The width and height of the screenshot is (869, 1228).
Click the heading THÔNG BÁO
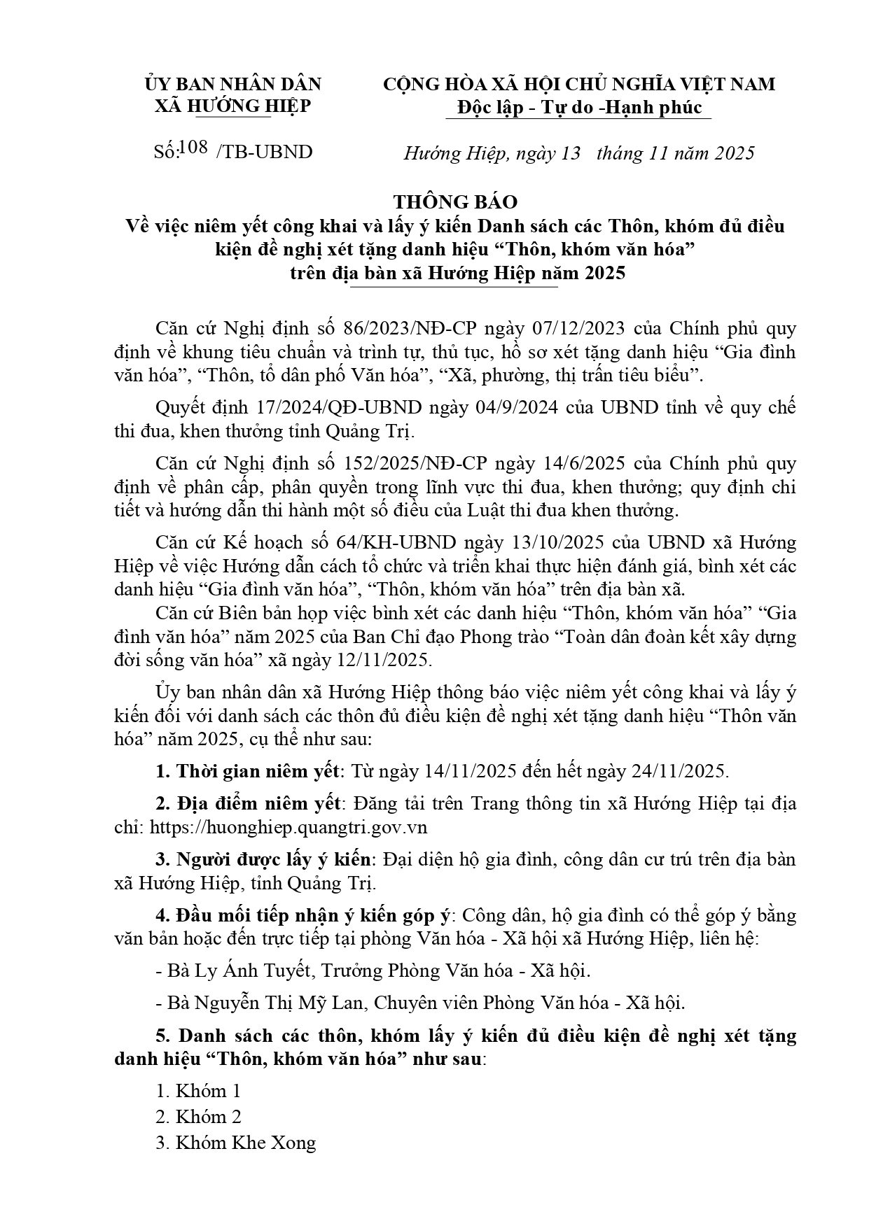tap(455, 202)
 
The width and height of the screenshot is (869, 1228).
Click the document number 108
tap(194, 148)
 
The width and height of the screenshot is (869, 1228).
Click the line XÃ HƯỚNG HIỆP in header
tap(232, 106)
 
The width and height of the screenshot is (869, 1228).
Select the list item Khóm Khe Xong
tap(245, 1143)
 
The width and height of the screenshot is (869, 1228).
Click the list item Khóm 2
tap(208, 1117)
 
